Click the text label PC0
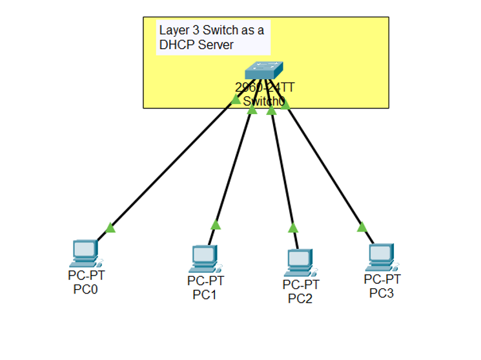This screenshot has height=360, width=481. pyautogui.click(x=85, y=290)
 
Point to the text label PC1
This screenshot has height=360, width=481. pyautogui.click(x=205, y=295)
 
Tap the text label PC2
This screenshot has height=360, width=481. pyautogui.click(x=300, y=299)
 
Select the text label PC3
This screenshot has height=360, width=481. pyautogui.click(x=382, y=293)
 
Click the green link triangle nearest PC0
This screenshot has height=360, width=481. pyautogui.click(x=110, y=227)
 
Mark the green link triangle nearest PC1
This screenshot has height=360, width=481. pyautogui.click(x=216, y=225)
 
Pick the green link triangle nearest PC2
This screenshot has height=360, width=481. pyautogui.click(x=293, y=227)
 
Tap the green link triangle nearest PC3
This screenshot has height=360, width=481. pyautogui.click(x=362, y=226)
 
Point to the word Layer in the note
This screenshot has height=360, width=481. pyautogui.click(x=174, y=30)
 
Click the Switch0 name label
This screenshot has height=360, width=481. pyautogui.click(x=263, y=101)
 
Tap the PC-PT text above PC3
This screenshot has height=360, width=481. pyautogui.click(x=382, y=279)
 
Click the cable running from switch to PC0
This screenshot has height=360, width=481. pyautogui.click(x=168, y=168)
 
